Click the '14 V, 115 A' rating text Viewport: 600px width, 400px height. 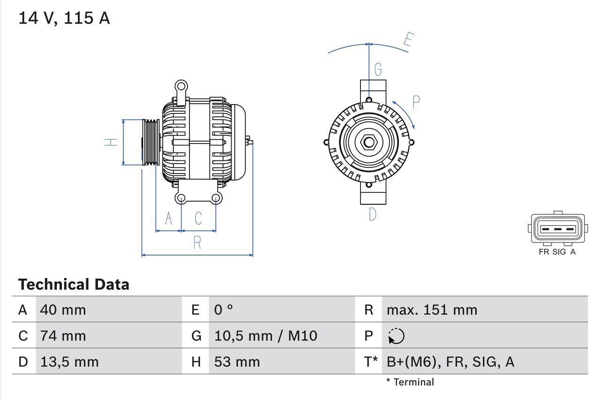pyautogui.click(x=64, y=18)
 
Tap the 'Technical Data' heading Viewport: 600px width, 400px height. pyautogui.click(x=74, y=284)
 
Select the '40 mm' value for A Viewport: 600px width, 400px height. pyautogui.click(x=63, y=309)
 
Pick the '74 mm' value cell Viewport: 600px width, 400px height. pyautogui.click(x=63, y=336)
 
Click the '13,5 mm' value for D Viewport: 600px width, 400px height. pyautogui.click(x=69, y=362)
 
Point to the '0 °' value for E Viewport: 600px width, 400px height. pyautogui.click(x=224, y=309)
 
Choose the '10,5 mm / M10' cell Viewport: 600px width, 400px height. pyautogui.click(x=265, y=336)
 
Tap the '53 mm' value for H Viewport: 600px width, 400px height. pyautogui.click(x=237, y=362)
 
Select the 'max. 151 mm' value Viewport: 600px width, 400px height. pyautogui.click(x=432, y=309)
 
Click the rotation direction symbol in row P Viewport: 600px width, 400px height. pyautogui.click(x=396, y=336)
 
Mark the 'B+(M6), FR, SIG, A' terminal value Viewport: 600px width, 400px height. pyautogui.click(x=450, y=362)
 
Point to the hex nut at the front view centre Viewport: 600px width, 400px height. pyautogui.click(x=369, y=142)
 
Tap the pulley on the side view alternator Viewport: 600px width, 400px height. pyautogui.click(x=151, y=142)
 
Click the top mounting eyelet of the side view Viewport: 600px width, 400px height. pyautogui.click(x=181, y=86)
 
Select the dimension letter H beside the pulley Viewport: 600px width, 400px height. pyautogui.click(x=111, y=142)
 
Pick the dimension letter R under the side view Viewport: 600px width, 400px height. pyautogui.click(x=197, y=242)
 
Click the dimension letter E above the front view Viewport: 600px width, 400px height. pyautogui.click(x=408, y=41)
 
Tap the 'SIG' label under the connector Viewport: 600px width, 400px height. pyautogui.click(x=559, y=252)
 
